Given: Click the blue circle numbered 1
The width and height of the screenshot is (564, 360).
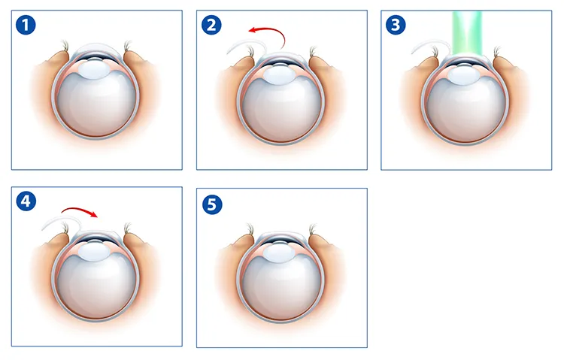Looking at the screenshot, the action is click(26, 25).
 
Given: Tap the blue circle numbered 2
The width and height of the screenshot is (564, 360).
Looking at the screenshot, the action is click(211, 25).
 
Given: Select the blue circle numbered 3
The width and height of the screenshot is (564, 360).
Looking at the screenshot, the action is click(396, 25).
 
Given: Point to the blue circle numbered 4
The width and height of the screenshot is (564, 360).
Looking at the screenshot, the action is click(26, 201).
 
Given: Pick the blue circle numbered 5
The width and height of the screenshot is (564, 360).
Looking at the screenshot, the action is click(212, 204).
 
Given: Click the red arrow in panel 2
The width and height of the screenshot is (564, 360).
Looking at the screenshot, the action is click(274, 30).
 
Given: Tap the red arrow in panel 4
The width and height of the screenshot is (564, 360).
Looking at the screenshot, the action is click(79, 210).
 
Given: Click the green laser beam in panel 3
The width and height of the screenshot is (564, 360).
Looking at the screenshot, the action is click(467, 33).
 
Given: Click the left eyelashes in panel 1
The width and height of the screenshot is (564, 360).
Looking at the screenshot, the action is click(65, 46).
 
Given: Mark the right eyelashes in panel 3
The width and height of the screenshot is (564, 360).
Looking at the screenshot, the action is click(497, 51).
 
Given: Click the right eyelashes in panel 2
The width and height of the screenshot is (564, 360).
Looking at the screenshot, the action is click(313, 52).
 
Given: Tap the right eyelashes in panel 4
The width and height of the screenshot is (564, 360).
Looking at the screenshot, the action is click(127, 228).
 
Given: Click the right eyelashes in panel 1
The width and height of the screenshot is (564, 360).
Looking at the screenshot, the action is click(127, 46).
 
